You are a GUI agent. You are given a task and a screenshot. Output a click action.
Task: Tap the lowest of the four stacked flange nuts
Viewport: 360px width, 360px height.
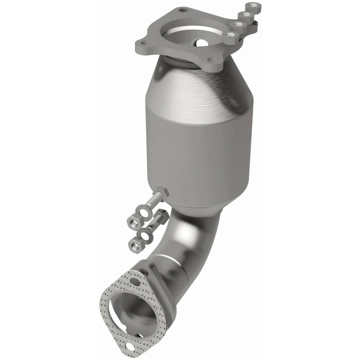tap(231, 34)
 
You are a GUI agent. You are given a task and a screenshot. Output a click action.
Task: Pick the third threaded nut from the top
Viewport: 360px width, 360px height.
tap(238, 24)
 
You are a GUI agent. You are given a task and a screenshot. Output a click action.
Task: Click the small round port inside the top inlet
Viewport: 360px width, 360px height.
tap(201, 43)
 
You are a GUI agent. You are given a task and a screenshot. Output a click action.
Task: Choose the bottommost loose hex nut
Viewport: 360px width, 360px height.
tap(134, 244)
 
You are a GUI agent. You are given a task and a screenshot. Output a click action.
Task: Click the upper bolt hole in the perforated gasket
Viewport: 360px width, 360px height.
tap(136, 283)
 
